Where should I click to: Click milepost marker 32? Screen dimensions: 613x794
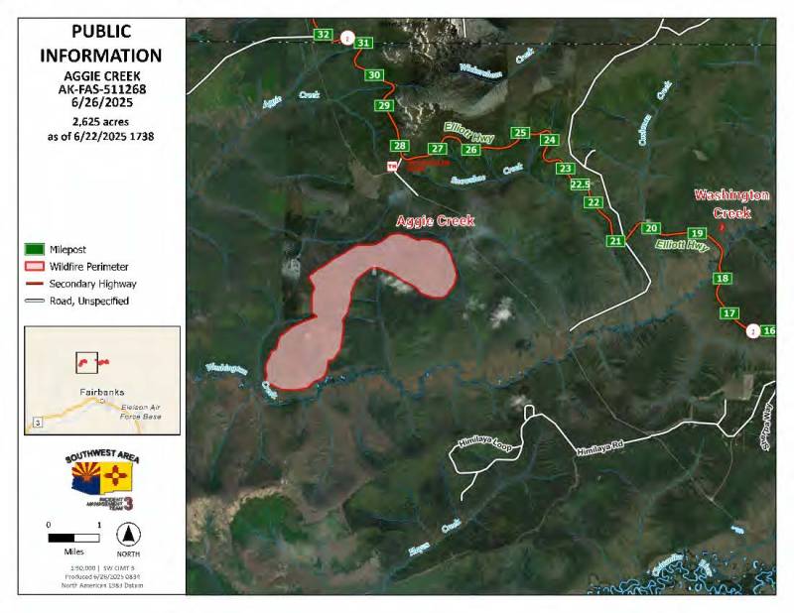323,35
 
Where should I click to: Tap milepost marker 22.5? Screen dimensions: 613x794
582,184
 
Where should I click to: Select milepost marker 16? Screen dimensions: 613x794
770,330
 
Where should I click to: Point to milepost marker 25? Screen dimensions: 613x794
519,132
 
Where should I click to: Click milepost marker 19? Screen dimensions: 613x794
696,233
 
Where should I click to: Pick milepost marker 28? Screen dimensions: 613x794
399,147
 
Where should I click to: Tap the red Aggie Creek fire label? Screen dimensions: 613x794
435,220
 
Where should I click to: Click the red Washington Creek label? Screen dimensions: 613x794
731,203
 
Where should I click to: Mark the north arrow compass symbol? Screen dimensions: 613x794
127,531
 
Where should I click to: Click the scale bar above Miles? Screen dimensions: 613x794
73,538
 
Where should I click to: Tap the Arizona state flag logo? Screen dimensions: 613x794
82,483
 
